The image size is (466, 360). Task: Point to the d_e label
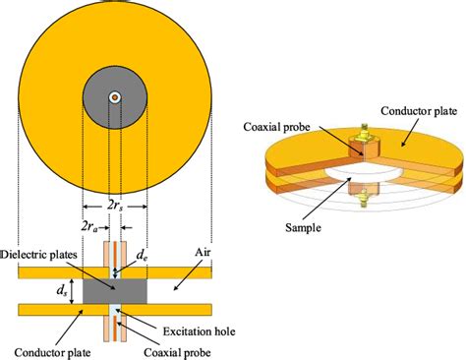point(144,254)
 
